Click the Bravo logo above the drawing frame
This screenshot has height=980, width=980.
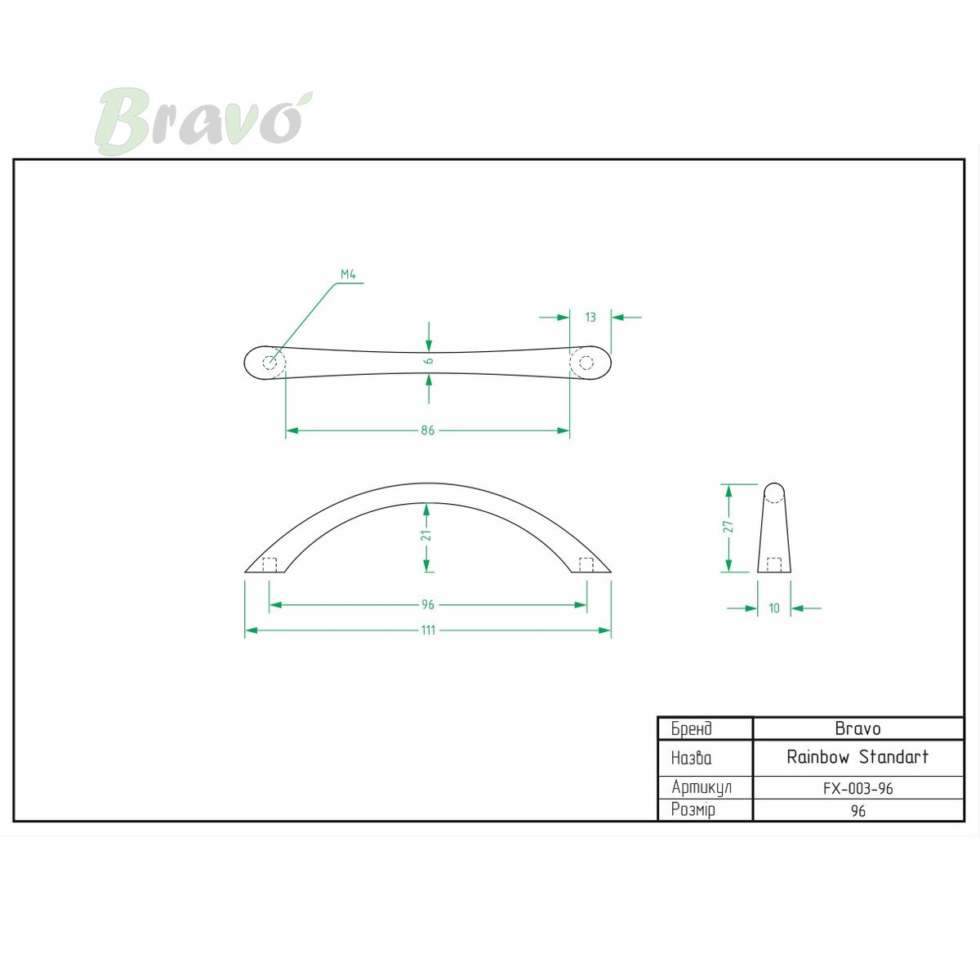tap(203, 121)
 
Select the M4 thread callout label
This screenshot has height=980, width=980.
tap(348, 274)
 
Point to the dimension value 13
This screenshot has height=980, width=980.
tap(590, 318)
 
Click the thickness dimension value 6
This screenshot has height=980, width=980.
tap(429, 361)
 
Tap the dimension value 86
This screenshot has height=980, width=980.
tap(428, 430)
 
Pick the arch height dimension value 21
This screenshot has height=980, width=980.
tap(426, 535)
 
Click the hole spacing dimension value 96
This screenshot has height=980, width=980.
tap(428, 604)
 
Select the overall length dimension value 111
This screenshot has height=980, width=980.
tap(428, 630)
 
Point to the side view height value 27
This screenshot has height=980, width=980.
tap(728, 527)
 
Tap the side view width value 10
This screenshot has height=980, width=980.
tap(774, 608)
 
